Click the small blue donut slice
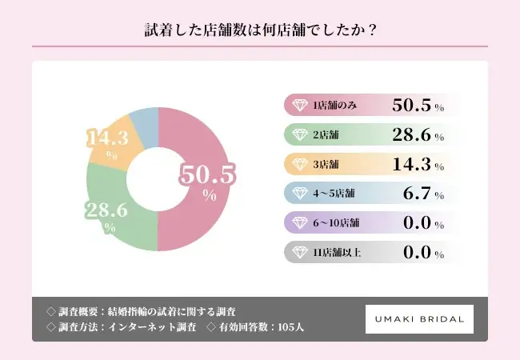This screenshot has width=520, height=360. coord(145,120)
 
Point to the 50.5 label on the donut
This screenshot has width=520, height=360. coord(209,175)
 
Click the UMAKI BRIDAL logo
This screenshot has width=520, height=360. coord(419,319)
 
